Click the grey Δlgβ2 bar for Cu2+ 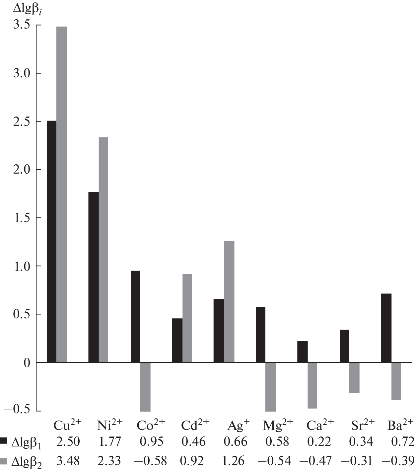[61, 194]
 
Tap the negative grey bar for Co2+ [145, 387]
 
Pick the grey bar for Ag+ [229, 301]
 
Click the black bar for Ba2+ [386, 328]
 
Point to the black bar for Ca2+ [302, 352]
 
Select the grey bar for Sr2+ [354, 378]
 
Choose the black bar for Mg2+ [261, 335]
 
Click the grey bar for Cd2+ [187, 318]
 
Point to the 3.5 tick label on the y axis [22, 25]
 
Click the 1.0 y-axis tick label [22, 266]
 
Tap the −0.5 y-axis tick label [17, 410]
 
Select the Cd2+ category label [195, 425]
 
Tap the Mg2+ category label [278, 425]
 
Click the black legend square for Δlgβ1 [4, 441]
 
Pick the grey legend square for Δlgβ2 [4, 461]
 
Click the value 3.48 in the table [68, 461]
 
